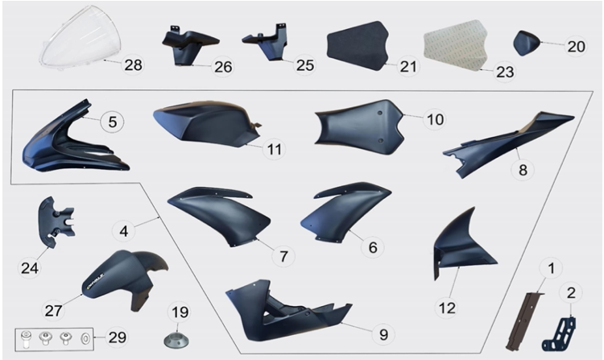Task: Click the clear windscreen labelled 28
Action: coord(81,39)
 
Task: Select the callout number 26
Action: coord(223,67)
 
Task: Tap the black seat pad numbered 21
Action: coord(357,45)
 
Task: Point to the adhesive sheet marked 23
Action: coord(455,45)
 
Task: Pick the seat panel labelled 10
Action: coord(358,124)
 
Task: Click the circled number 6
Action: coord(373,246)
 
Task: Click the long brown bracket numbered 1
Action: coord(523,321)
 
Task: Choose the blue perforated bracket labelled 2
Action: coord(561,334)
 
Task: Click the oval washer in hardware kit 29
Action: coord(85,339)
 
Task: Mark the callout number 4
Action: coord(124,231)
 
